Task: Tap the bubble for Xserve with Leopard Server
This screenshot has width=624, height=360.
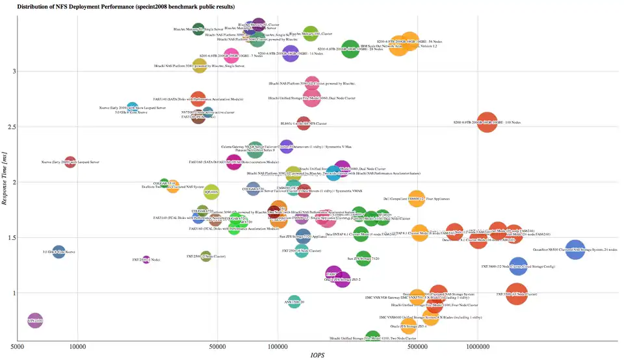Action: point(70,162)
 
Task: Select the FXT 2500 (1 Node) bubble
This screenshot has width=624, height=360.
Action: point(146,260)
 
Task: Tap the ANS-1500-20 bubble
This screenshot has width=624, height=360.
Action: point(294,302)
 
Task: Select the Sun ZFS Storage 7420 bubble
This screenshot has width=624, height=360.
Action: point(363,259)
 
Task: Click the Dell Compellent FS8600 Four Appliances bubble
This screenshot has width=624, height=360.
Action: point(416,199)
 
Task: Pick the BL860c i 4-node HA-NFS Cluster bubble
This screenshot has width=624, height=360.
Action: point(303,123)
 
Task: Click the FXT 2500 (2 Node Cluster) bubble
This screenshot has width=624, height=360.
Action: point(206,257)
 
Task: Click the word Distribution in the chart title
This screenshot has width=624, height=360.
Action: point(35,6)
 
